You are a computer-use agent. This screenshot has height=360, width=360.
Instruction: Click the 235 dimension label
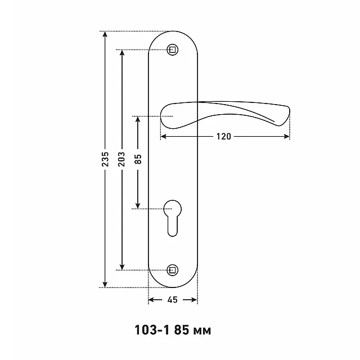tap(105, 159)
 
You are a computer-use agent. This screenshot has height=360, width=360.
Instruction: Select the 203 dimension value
tap(121, 159)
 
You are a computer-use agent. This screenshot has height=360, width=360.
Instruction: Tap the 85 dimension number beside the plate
tap(138, 159)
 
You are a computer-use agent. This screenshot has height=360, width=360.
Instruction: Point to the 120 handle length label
tap(224, 137)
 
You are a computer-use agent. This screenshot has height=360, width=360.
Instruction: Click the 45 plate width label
tap(173, 300)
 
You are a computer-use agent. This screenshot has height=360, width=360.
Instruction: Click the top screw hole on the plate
tap(173, 49)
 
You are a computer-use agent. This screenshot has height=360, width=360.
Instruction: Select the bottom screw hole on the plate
tap(173, 270)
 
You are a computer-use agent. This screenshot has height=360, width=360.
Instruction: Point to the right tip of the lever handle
tap(290, 112)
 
